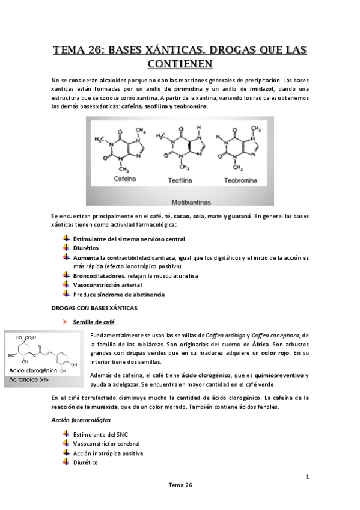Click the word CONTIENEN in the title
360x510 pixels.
tap(180, 62)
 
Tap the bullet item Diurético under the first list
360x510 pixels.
tap(86, 248)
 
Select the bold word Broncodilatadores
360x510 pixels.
tap(97, 275)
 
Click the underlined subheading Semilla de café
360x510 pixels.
tap(94, 322)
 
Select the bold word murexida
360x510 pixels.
tap(104, 407)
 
